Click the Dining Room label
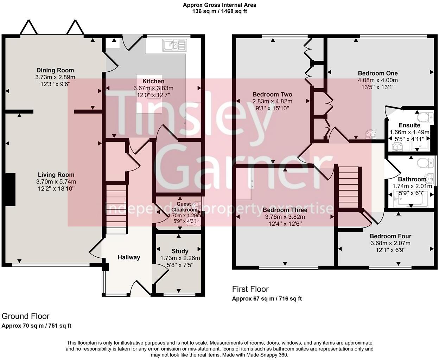click(55, 70)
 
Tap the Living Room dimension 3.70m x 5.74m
click(56, 182)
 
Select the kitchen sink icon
click(174, 45)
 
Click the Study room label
click(180, 251)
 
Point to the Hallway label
click(129, 257)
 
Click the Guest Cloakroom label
click(184, 207)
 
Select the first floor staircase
click(348, 188)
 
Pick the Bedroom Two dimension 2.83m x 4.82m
click(272, 101)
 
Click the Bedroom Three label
click(285, 210)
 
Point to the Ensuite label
click(409, 125)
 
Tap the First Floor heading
click(250, 289)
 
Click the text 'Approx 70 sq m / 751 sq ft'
click(37, 326)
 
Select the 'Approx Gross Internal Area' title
click(219, 5)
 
